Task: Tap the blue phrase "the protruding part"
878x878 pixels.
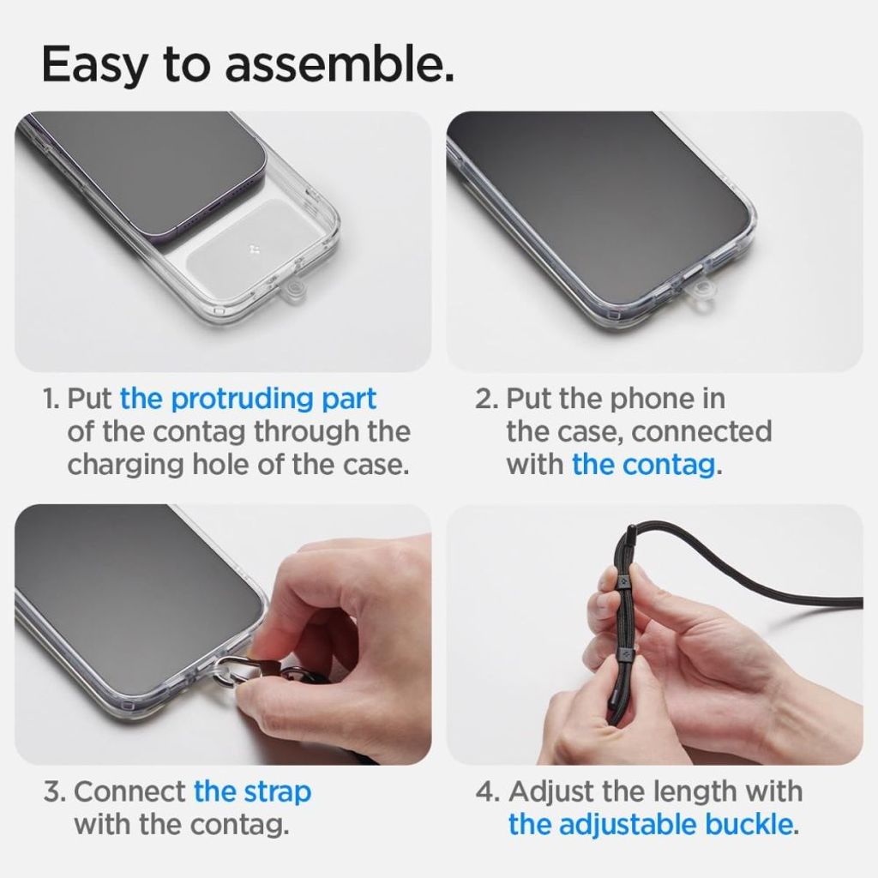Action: point(248,399)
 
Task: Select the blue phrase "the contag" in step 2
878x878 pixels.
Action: point(643,465)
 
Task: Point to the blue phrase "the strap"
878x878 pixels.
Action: point(252,791)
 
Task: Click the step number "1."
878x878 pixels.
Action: point(51,400)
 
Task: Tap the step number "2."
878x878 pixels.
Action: point(486,400)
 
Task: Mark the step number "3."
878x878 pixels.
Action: point(54,791)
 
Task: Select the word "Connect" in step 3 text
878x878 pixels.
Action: point(129,791)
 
